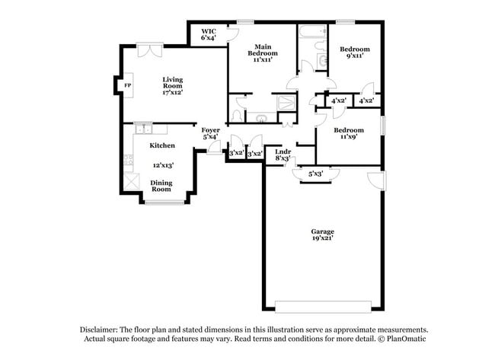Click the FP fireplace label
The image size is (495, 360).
click(128, 86)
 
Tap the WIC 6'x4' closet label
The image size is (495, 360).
click(208, 33)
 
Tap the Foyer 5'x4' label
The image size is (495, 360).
click(210, 133)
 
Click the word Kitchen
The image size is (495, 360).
click(161, 145)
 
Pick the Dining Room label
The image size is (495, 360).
click(161, 185)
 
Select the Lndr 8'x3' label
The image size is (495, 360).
click(282, 155)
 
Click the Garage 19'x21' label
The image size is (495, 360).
click(322, 234)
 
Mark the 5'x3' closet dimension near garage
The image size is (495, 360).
click(315, 174)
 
